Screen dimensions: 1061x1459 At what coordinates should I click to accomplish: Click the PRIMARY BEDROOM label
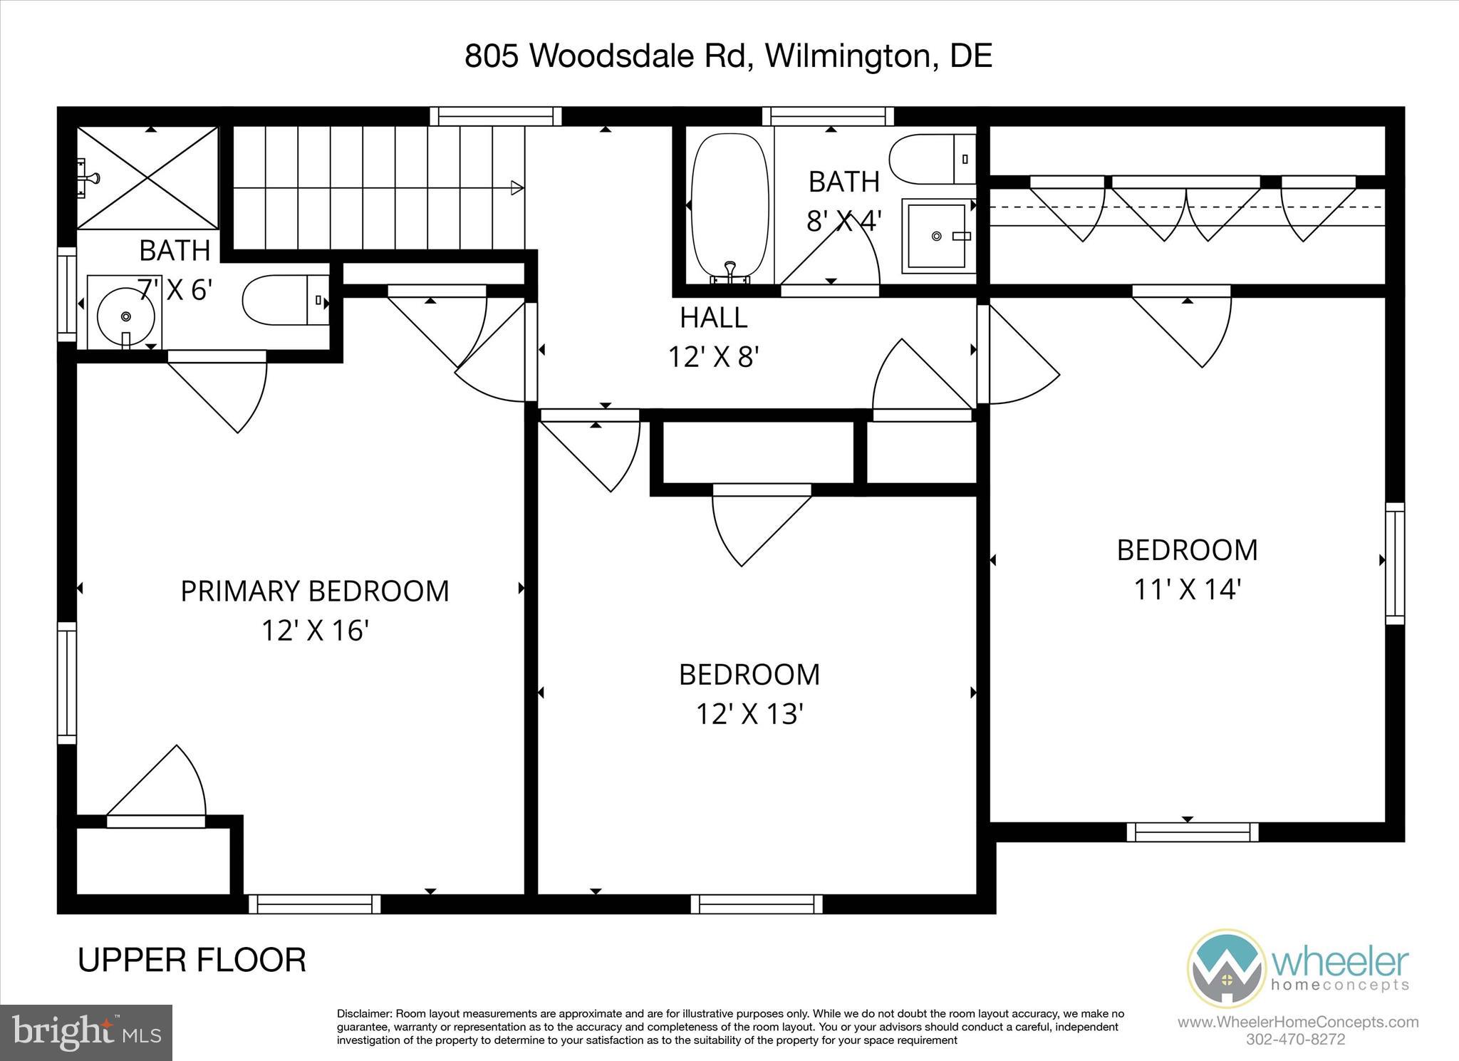(x=314, y=591)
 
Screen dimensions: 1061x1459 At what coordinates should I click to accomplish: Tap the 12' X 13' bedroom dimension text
(x=749, y=714)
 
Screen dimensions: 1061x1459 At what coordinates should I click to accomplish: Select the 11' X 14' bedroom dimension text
(x=1187, y=589)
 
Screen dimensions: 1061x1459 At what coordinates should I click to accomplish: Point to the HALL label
(x=713, y=318)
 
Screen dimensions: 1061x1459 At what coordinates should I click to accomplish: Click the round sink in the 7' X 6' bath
(x=125, y=316)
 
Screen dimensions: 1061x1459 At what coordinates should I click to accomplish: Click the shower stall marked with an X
(x=147, y=178)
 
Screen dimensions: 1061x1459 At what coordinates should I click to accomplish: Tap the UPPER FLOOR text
(x=192, y=960)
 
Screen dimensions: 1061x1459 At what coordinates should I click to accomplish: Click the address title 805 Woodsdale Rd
(x=727, y=56)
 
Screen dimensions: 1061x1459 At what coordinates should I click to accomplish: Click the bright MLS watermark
(x=86, y=1032)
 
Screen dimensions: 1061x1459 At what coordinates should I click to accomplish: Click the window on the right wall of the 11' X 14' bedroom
(x=1395, y=563)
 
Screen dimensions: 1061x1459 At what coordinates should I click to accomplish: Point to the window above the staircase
(x=496, y=116)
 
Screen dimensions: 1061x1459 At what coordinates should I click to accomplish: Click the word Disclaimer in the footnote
(x=364, y=1014)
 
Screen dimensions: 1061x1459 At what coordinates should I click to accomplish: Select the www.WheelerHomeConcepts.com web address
(x=1297, y=1023)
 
